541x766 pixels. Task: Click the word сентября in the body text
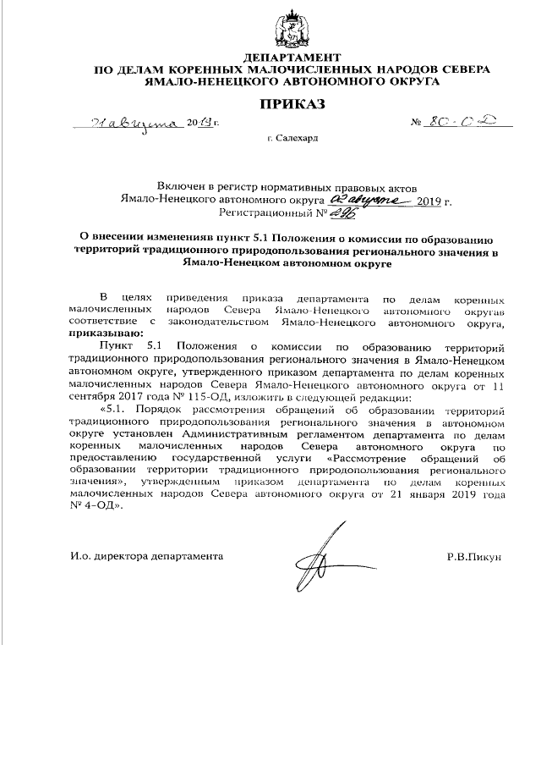92,399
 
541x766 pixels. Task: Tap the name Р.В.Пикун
475,557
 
